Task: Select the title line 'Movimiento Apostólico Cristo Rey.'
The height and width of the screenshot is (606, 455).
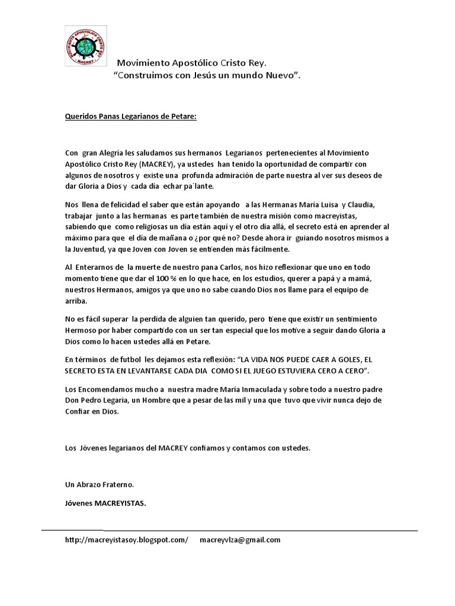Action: click(x=191, y=63)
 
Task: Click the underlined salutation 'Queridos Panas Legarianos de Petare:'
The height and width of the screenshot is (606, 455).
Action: click(x=130, y=116)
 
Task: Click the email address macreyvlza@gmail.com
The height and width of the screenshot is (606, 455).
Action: click(x=240, y=540)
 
